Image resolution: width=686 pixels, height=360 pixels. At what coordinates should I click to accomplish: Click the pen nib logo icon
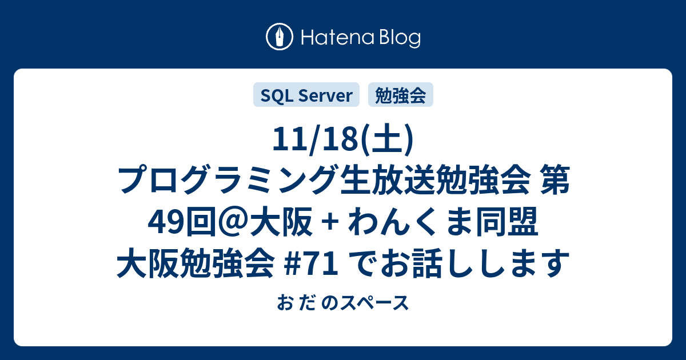coord(280,37)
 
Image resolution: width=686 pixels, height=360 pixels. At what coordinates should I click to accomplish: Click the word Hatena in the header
coord(338,38)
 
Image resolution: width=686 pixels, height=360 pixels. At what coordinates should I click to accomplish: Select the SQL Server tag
coord(306,95)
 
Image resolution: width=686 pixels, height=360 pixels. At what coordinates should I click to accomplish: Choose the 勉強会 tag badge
coord(401,95)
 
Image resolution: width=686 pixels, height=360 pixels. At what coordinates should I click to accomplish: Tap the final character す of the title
coord(554,263)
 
